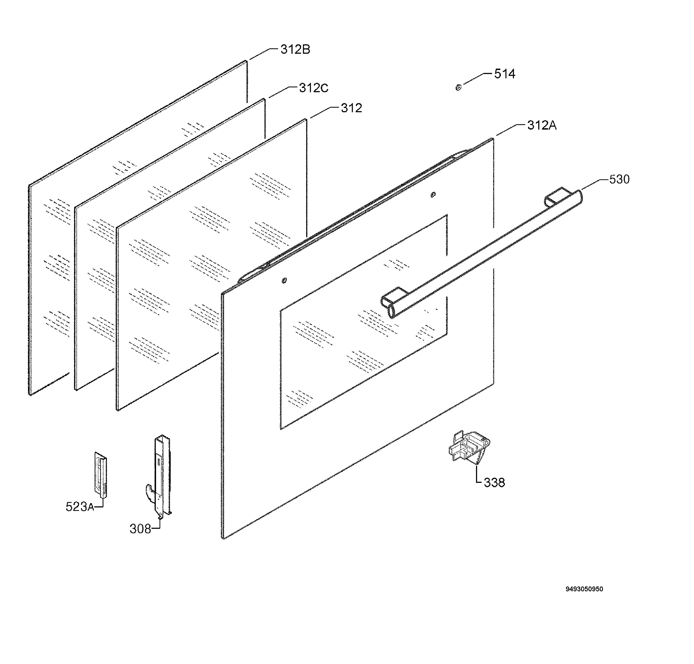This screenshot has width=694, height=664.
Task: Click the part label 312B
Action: coord(295,49)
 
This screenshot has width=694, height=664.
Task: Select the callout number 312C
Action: coord(313,88)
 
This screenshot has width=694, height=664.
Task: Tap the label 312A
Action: coord(542,125)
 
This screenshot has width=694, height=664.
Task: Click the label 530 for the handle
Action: coord(619,179)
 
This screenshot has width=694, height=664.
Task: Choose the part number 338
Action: coord(494,482)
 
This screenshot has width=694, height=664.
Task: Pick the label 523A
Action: coord(80,507)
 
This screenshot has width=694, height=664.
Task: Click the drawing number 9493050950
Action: coord(584,589)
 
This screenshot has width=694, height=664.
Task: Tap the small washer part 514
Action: coord(458,87)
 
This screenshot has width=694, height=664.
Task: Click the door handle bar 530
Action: coord(481,253)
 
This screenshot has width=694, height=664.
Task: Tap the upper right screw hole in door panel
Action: coord(433,195)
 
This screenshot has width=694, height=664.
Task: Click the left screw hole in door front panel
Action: coord(284,280)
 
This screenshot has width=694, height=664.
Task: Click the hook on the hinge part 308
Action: coord(150,492)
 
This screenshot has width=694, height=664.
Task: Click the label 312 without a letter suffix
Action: coord(351,108)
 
